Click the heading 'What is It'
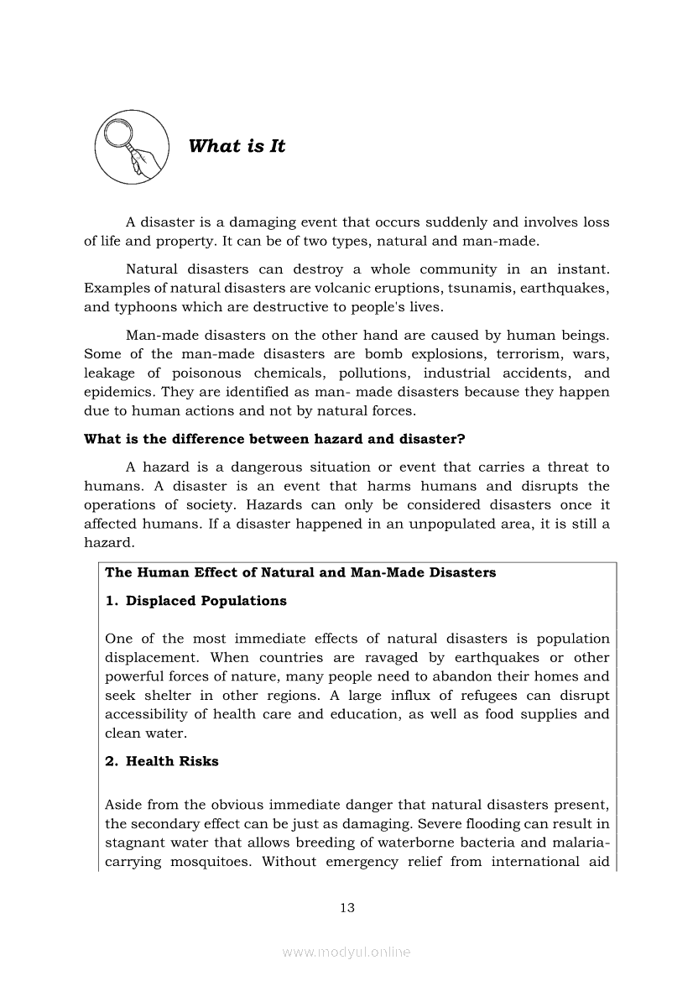237,146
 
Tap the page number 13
346,907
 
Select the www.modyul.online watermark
346,952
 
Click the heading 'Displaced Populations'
206,601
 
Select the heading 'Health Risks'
172,761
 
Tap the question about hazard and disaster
274,439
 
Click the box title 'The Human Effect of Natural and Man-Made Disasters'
300,572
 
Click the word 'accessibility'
143,714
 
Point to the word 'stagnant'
134,843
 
